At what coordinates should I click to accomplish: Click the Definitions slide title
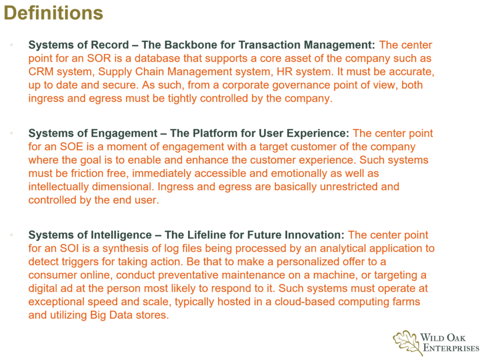(x=53, y=13)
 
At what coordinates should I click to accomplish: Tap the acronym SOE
(x=71, y=147)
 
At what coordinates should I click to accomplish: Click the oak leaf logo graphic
(x=407, y=343)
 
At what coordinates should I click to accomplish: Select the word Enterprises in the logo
(x=451, y=348)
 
